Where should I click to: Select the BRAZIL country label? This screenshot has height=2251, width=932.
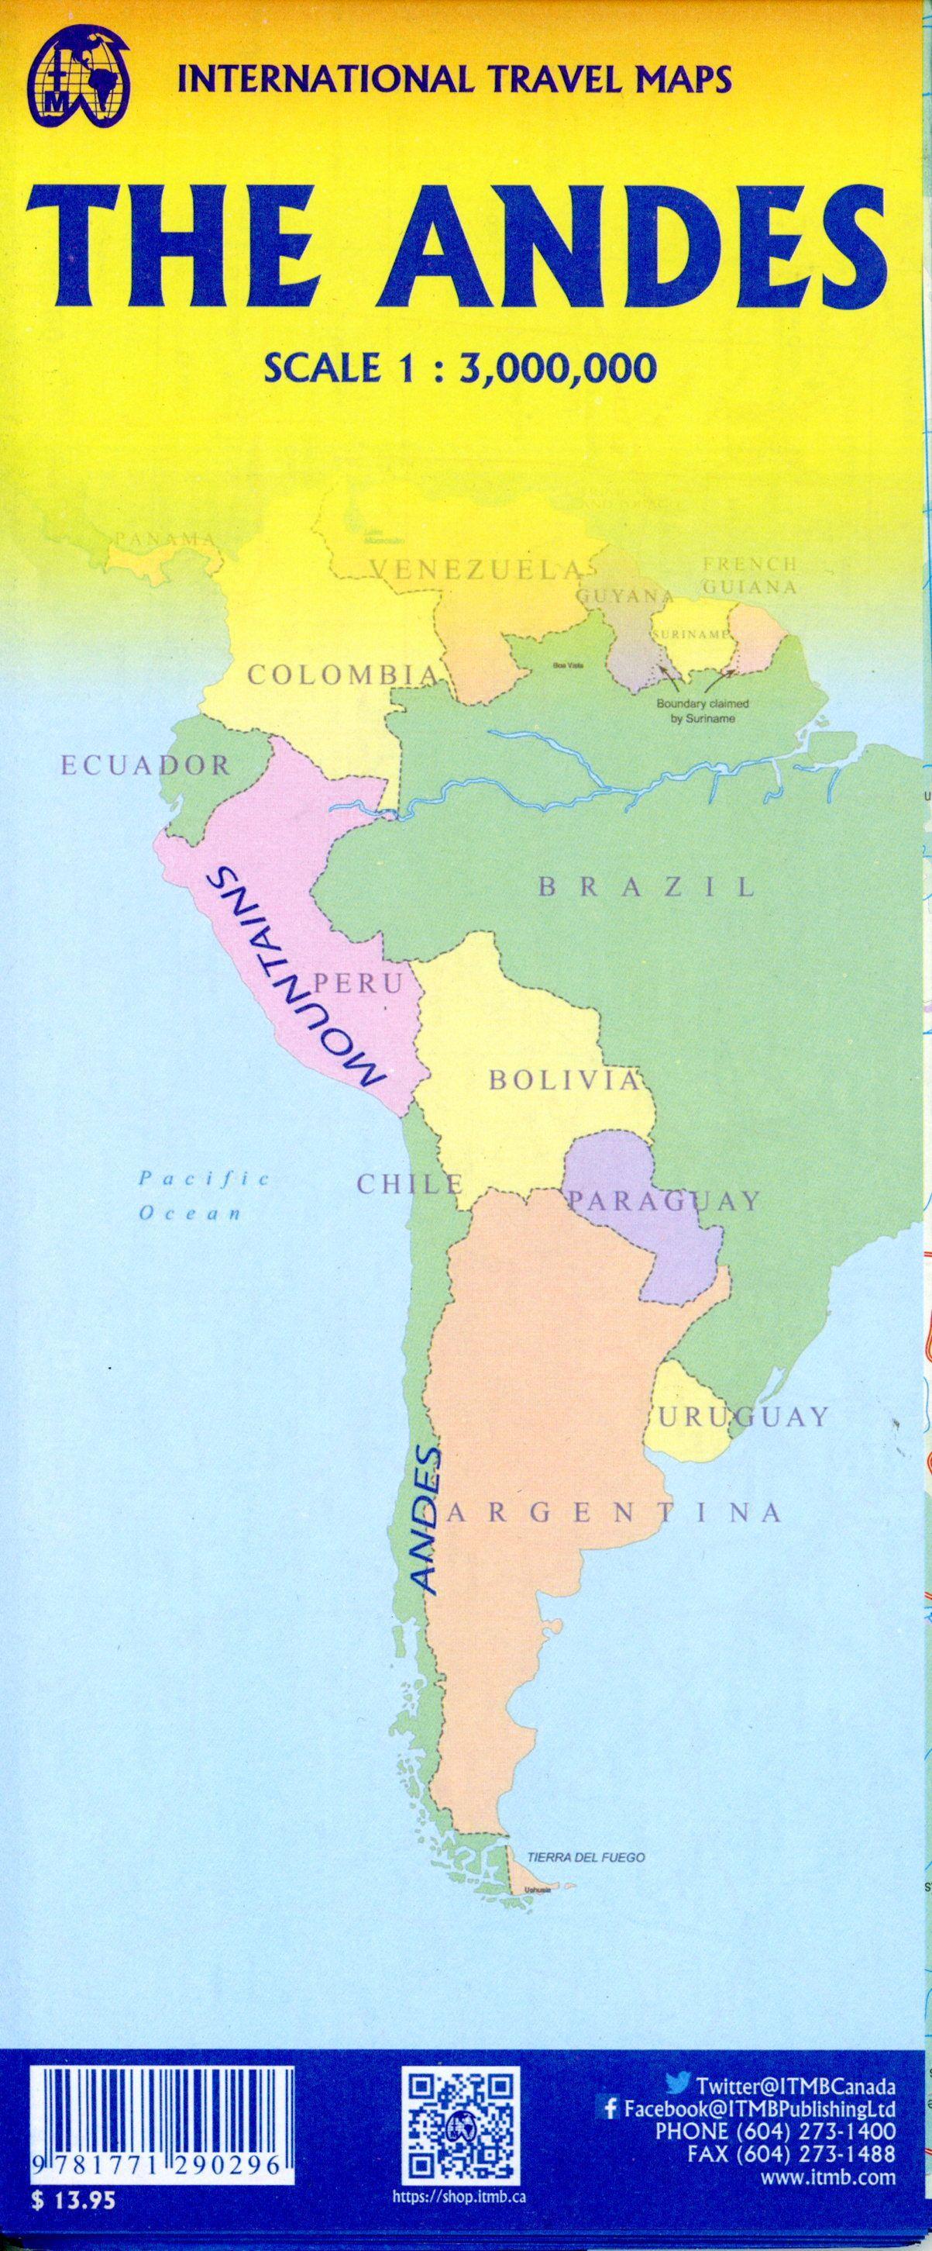coord(645,887)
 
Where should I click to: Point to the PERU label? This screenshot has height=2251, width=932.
coord(357,983)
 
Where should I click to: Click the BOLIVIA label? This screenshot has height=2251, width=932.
coord(563,1080)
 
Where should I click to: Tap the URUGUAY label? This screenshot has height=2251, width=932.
coord(741,1417)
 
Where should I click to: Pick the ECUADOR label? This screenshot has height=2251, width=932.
coord(145,766)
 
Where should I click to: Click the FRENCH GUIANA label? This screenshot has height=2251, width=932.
coord(748,576)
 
